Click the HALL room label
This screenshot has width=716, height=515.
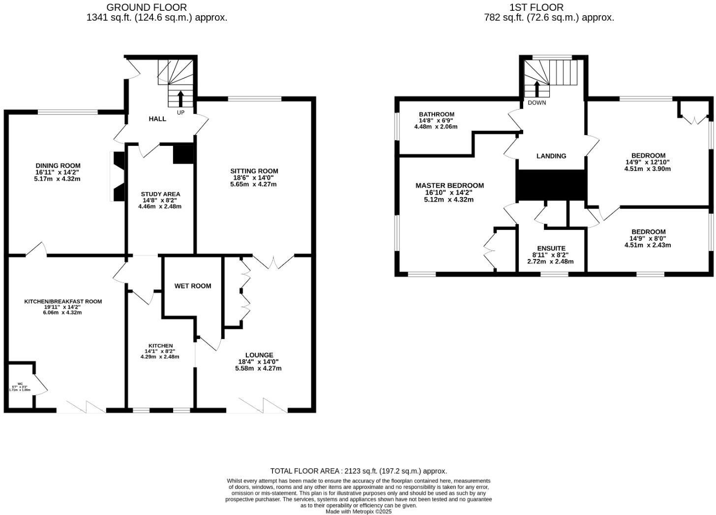click(x=157, y=119)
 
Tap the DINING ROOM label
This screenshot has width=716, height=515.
click(x=58, y=166)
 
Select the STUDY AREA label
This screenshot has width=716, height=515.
click(x=160, y=194)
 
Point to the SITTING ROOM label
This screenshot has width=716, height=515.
click(x=254, y=171)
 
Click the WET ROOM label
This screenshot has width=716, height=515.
click(x=193, y=286)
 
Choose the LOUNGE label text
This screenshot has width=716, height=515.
click(x=259, y=355)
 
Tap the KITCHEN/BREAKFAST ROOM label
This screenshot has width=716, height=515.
click(x=63, y=301)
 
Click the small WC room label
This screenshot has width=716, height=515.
click(x=20, y=384)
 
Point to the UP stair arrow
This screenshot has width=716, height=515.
click(x=180, y=98)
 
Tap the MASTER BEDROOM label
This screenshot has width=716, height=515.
click(x=449, y=186)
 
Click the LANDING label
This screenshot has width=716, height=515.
click(x=551, y=156)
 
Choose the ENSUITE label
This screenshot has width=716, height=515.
click(x=551, y=249)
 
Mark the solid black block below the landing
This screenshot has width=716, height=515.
click(x=551, y=186)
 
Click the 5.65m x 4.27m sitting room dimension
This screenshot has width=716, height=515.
click(x=253, y=184)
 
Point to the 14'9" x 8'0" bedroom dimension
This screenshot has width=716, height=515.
click(x=648, y=238)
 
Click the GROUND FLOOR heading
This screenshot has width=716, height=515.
click(x=147, y=7)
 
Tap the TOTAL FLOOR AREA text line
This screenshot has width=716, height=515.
click(x=358, y=471)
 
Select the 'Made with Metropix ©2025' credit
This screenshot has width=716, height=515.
click(x=358, y=512)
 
